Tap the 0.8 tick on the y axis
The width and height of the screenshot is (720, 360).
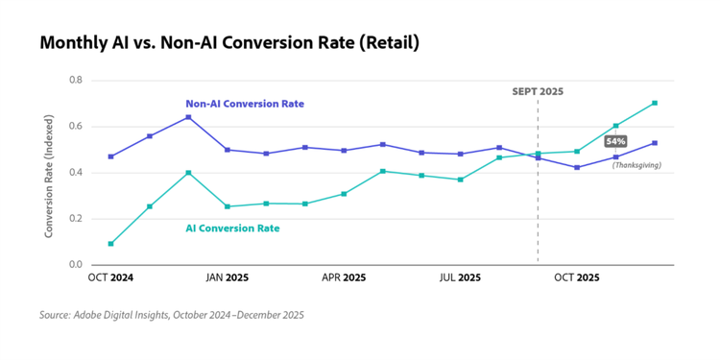pyautogui.click(x=76, y=80)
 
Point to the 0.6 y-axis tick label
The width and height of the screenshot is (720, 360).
pyautogui.click(x=76, y=126)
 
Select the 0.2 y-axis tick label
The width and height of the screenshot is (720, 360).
pyautogui.click(x=76, y=218)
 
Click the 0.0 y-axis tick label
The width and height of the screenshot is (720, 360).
pyautogui.click(x=76, y=264)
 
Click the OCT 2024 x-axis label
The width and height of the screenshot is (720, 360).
pyautogui.click(x=110, y=277)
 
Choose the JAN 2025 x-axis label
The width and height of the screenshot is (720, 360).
pyautogui.click(x=227, y=277)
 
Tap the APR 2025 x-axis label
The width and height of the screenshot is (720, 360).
pyautogui.click(x=343, y=277)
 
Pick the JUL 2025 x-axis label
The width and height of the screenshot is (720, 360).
pyautogui.click(x=460, y=277)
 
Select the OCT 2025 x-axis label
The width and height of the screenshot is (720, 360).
pyautogui.click(x=577, y=277)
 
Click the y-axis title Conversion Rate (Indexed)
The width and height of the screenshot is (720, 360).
pyautogui.click(x=49, y=173)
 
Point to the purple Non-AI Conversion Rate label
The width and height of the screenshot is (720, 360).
pyautogui.click(x=245, y=104)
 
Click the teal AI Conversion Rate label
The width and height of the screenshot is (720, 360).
pyautogui.click(x=232, y=228)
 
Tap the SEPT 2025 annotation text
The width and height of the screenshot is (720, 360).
pyautogui.click(x=538, y=91)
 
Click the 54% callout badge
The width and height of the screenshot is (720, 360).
pyautogui.click(x=615, y=141)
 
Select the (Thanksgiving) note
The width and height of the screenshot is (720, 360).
pyautogui.click(x=636, y=165)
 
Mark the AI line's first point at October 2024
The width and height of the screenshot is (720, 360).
pyautogui.click(x=110, y=244)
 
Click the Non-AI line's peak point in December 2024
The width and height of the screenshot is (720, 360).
pyautogui.click(x=188, y=117)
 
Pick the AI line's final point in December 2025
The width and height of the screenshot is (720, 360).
pyautogui.click(x=655, y=103)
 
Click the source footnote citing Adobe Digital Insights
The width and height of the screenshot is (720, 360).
pyautogui.click(x=172, y=314)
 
